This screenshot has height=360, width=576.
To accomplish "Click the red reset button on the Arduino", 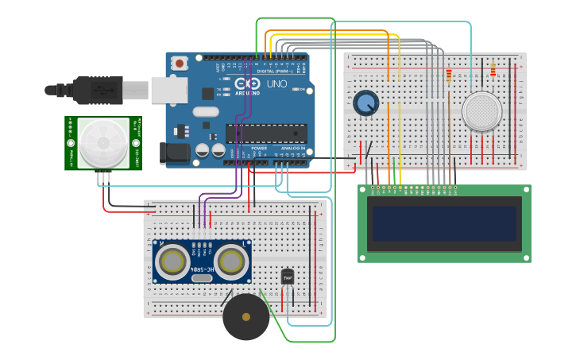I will click(180, 62).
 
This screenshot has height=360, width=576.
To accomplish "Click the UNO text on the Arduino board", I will click(276, 83).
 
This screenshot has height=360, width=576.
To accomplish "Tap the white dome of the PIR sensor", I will click(102, 144).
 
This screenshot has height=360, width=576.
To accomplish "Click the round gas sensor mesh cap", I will click(481, 111).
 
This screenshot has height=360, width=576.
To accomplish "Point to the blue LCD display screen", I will click(444, 223).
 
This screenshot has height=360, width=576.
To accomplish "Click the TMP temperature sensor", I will click(288, 277).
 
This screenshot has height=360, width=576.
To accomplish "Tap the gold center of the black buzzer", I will click(245, 317).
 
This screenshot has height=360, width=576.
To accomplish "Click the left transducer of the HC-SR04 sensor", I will click(172, 261).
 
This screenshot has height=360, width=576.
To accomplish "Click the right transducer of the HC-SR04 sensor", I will click(231, 261).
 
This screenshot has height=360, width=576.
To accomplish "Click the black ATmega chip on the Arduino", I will click(266, 134).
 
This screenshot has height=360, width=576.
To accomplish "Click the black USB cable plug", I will click(95, 90).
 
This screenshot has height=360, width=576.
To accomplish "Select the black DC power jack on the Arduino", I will click(175, 153).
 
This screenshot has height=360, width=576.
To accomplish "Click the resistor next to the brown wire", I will click(449, 75).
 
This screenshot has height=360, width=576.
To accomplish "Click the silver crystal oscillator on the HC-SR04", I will click(202, 277).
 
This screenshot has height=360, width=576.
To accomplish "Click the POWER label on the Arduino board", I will click(259, 148).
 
